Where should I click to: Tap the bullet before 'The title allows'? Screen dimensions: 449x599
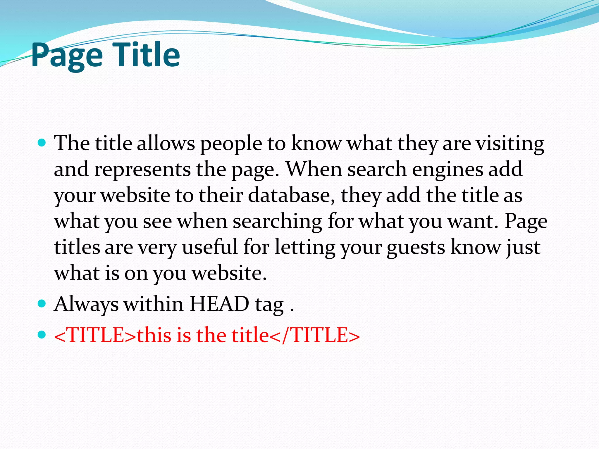click(42, 143)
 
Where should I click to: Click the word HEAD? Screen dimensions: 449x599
click(219, 304)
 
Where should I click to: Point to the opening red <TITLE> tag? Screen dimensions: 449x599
click(95, 335)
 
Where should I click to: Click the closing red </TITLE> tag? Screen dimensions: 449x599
click(314, 335)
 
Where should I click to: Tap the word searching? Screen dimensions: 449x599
click(277, 222)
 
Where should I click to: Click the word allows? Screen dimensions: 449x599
click(166, 144)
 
